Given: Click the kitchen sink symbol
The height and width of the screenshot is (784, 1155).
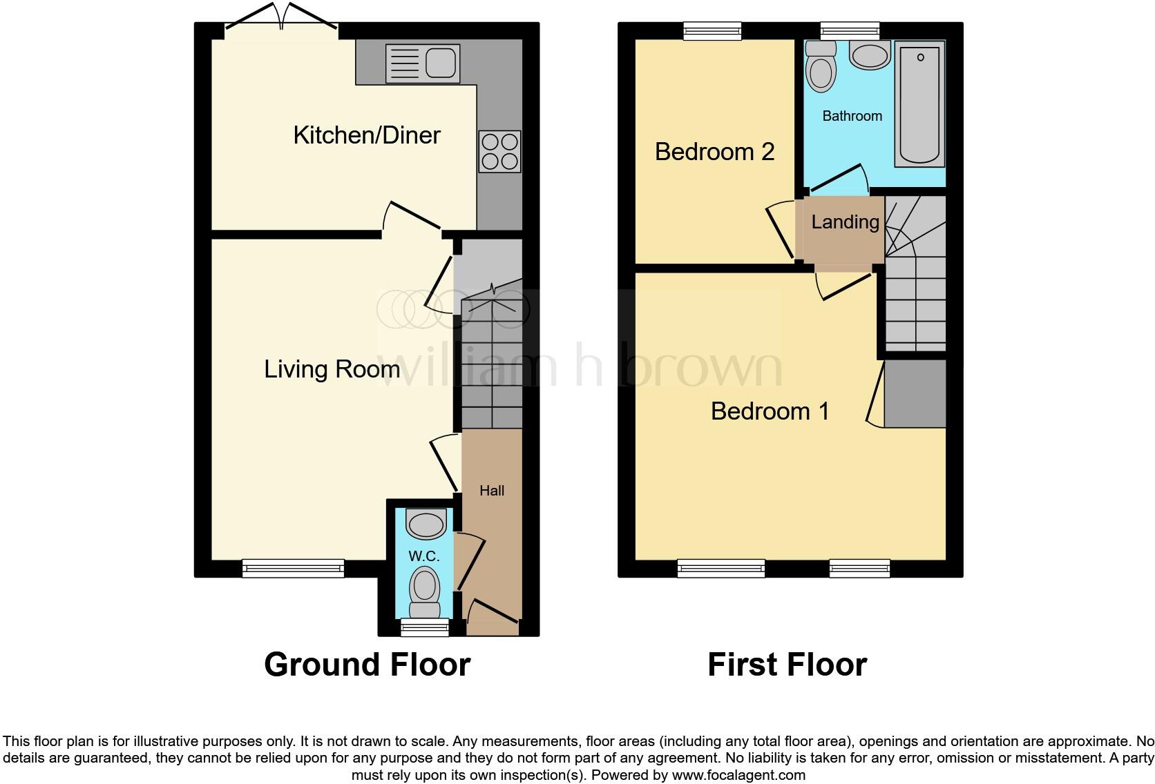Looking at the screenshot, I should tap(422, 63).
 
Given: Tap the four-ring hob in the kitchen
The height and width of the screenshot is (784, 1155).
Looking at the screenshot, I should tap(499, 152).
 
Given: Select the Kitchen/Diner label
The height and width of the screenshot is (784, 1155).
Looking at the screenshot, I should tap(367, 135).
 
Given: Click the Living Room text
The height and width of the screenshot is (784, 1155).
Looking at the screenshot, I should tap(332, 369).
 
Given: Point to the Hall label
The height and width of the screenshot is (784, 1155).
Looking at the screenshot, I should tap(492, 491).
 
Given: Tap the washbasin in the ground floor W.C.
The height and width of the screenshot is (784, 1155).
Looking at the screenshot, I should tap(426, 525).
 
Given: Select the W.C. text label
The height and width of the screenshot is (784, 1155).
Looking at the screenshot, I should tap(423, 556).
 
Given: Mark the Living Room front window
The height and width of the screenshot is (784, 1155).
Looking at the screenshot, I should tap(293, 569).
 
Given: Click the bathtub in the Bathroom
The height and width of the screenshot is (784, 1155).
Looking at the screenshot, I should tap(919, 104).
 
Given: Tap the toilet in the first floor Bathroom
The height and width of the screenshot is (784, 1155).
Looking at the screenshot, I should tap(821, 67).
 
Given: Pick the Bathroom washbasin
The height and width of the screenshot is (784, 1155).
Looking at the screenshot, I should tap(870, 56).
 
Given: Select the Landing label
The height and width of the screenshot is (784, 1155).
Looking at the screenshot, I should tap(845, 222).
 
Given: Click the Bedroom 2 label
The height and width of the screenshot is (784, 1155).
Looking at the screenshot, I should tap(714, 152).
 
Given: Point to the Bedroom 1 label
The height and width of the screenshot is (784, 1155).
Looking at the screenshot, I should tap(770, 411).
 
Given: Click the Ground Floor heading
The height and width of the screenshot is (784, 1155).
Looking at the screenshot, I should tap(367, 665).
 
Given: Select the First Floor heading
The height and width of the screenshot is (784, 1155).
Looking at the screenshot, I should tap(787, 665).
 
